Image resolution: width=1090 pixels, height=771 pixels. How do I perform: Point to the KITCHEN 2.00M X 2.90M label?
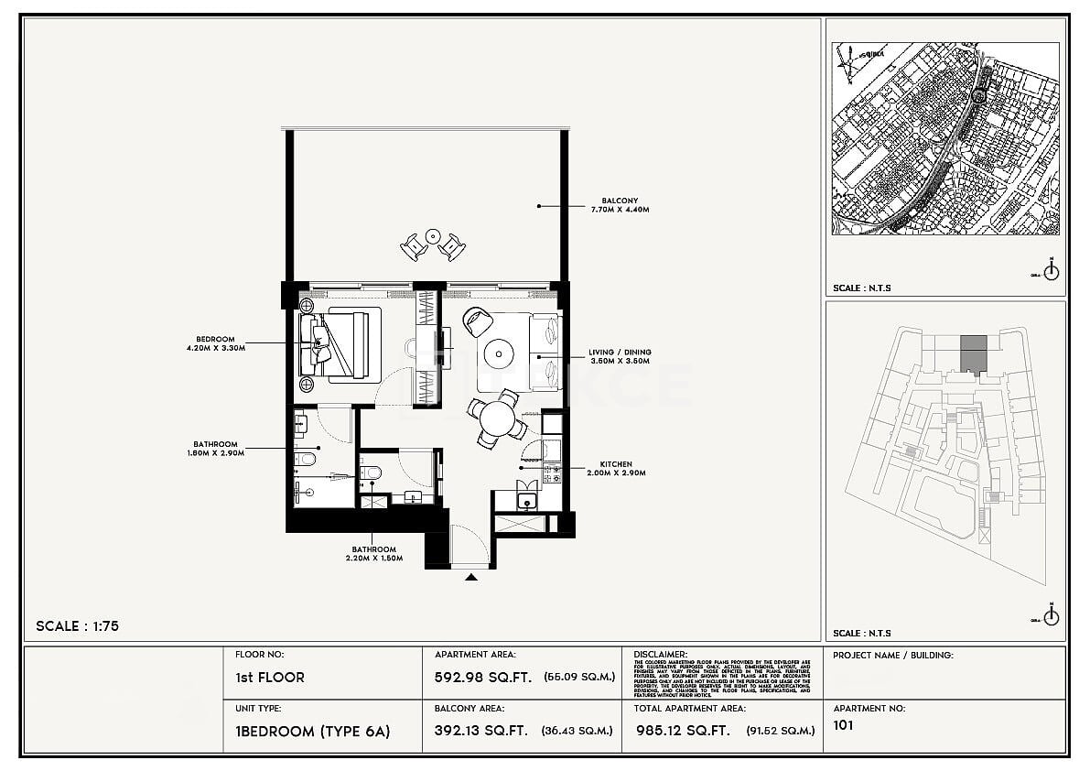tap(616, 469)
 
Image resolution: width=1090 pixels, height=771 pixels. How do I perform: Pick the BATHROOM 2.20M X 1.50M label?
tap(373, 554)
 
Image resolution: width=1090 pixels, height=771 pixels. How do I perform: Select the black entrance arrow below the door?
tap(470, 577)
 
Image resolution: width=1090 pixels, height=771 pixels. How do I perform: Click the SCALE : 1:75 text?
tap(78, 626)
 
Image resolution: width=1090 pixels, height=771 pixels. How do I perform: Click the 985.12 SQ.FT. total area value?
tap(681, 731)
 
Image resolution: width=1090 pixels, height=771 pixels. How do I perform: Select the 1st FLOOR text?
tap(269, 678)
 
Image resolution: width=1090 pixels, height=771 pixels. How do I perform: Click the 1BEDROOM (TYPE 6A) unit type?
tap(312, 731)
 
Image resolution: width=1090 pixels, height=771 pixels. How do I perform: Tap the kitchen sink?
tap(525, 500)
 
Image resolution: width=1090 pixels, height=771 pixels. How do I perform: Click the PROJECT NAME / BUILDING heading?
tap(892, 656)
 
